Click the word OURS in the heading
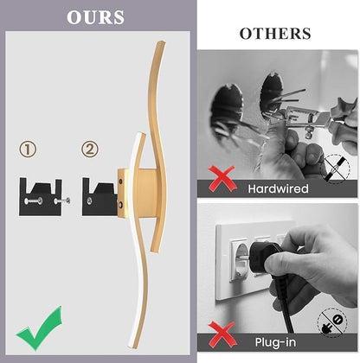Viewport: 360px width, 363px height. click(95, 17)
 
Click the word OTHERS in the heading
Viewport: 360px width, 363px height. click(275, 34)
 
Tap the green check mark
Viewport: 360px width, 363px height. click(40, 328)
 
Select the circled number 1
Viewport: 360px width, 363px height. click(28, 149)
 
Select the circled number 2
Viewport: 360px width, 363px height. click(90, 149)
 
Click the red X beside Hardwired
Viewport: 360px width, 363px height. click(222, 179)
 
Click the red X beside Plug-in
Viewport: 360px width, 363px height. click(222, 334)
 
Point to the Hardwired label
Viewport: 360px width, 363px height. click(278, 188)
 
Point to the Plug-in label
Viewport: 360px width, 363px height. click(275, 342)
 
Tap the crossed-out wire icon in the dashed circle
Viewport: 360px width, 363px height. click(337, 169)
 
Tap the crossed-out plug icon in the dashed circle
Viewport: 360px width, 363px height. click(331, 323)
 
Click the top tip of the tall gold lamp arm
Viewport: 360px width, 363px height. click(161, 42)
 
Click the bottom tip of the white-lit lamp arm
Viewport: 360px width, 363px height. click(132, 345)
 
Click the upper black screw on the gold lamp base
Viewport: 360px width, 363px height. click(120, 181)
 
